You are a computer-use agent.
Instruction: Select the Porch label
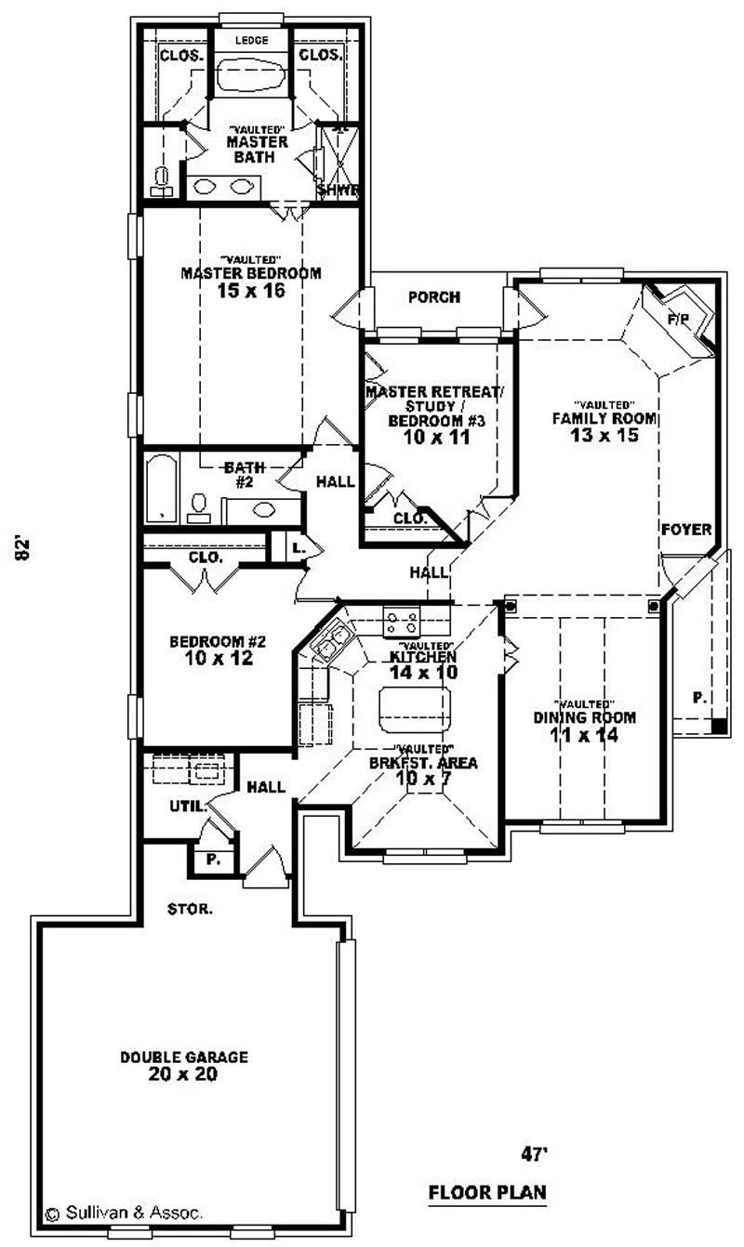click(x=434, y=297)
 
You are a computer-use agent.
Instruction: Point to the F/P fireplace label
click(x=679, y=319)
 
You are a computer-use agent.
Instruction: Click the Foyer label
click(x=686, y=529)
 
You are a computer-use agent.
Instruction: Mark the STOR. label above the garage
click(x=190, y=908)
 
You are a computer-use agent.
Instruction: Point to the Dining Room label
click(x=584, y=717)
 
